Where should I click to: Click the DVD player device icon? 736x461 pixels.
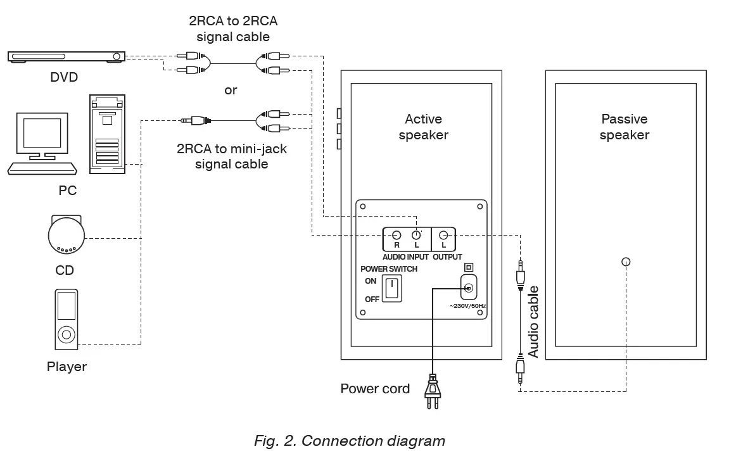(65, 57)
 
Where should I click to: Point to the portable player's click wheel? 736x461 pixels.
(66, 334)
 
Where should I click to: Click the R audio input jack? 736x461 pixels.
(397, 234)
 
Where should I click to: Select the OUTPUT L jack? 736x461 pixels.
(443, 234)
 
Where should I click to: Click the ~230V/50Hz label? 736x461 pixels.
(467, 306)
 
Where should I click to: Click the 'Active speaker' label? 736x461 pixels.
(423, 127)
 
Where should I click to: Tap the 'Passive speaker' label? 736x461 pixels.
(624, 127)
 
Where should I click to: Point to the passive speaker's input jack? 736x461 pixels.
(626, 262)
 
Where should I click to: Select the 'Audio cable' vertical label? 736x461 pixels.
(533, 322)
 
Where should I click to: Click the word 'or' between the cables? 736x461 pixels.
(231, 90)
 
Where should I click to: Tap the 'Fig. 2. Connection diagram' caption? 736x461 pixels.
(349, 441)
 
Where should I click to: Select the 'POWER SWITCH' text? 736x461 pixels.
(388, 268)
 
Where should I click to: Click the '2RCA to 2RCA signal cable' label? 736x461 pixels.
(232, 28)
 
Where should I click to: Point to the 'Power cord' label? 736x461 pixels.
(375, 388)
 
